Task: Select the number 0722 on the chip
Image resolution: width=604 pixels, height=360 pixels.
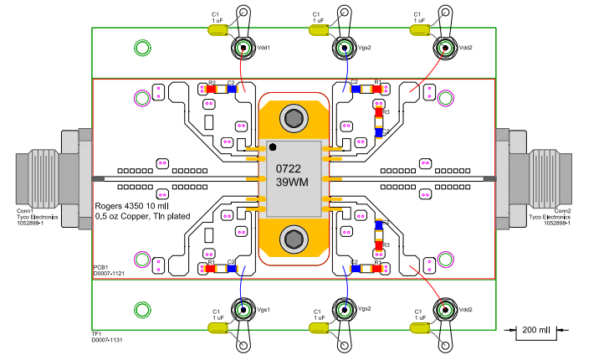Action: click(289, 169)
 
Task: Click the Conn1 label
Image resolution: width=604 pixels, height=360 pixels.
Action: click(26, 210)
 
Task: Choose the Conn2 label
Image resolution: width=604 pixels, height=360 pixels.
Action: click(562, 210)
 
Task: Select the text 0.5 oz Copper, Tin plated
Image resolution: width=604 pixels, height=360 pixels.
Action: click(142, 216)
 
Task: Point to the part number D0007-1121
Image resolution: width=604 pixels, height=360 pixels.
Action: click(109, 273)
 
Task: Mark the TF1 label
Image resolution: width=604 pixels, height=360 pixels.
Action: click(96, 333)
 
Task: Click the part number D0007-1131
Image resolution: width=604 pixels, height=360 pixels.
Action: click(107, 340)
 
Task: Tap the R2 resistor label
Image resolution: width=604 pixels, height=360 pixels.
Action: click(212, 83)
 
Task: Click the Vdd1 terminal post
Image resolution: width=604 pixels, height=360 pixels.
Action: click(243, 48)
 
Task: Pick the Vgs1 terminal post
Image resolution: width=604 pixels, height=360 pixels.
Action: click(243, 310)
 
